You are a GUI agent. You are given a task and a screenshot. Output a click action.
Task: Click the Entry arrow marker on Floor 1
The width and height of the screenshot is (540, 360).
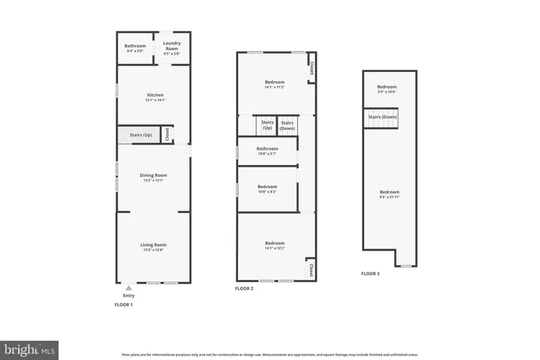128,289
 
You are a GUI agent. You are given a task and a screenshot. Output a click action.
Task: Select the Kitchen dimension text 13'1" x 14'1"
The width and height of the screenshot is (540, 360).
154,100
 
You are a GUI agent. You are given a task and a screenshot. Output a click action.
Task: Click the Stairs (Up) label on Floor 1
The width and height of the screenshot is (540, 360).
140,135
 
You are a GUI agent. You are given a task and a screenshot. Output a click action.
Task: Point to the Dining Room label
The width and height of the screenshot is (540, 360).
154,175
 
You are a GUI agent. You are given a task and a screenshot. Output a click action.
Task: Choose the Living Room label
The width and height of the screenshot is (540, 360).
154,245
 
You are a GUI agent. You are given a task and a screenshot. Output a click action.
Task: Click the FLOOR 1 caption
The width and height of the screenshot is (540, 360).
124,305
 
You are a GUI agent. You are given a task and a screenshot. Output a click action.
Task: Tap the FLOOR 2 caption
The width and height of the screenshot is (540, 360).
244,289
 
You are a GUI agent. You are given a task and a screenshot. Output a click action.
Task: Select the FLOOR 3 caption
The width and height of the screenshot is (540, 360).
370,274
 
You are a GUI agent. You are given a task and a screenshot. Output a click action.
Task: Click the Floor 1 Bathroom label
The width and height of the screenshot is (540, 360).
135,46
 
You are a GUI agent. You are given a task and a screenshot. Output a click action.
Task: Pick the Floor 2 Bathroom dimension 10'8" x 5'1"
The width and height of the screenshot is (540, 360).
267,154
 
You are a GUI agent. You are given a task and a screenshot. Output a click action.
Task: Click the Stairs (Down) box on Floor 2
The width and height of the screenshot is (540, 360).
287,125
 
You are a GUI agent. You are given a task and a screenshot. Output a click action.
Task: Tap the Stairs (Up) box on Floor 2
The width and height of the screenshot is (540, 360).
267,125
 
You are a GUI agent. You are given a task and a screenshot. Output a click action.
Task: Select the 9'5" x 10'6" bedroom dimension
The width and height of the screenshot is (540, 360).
387,92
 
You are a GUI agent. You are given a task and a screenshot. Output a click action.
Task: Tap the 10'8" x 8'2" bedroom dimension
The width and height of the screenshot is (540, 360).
267,192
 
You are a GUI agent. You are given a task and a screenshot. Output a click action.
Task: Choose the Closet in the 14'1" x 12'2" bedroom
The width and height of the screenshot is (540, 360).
311,269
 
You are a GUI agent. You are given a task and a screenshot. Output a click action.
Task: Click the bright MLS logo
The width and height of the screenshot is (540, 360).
29,349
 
